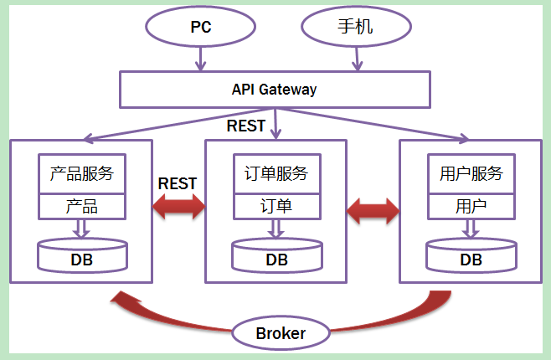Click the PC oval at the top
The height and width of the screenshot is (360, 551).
200,27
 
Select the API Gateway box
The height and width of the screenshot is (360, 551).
274,89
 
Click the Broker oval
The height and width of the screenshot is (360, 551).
281,333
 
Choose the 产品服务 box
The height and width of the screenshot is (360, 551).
82,174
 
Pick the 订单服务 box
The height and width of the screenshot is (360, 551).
276,174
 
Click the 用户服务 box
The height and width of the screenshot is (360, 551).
471,174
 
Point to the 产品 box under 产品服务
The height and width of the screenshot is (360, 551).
82,206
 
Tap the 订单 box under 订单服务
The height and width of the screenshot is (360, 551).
276,206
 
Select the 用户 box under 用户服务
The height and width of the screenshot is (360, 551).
471,206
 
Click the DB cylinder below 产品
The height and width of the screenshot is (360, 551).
82,256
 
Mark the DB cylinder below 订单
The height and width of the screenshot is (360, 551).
276,256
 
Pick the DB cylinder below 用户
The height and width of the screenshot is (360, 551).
471,256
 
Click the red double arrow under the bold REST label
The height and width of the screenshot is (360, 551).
178,207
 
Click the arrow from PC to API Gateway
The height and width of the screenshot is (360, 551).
200,59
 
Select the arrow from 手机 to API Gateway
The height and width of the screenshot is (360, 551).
358,59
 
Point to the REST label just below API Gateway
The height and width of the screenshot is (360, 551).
245,126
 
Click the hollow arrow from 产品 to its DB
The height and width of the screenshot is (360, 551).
82,228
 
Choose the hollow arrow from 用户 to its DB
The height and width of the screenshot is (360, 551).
471,228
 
